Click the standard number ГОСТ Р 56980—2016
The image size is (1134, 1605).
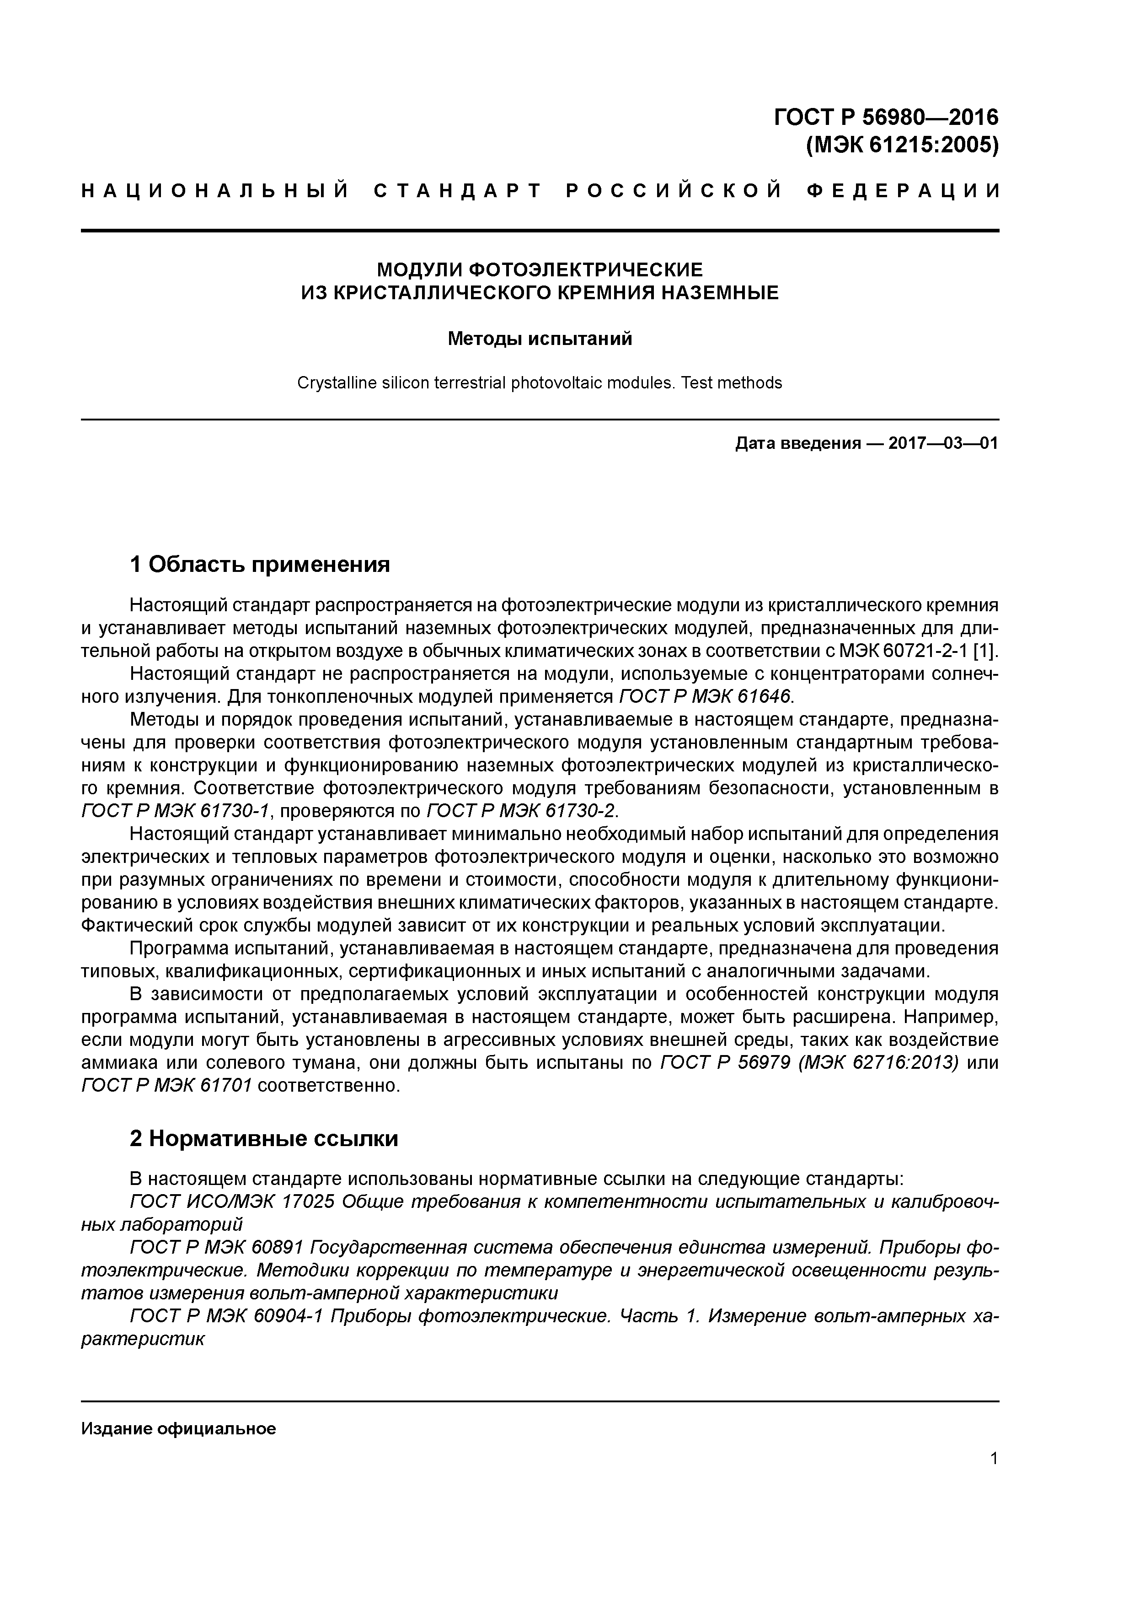(886, 117)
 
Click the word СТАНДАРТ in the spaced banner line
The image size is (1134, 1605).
(458, 191)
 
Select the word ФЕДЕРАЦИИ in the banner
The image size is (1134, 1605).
(904, 191)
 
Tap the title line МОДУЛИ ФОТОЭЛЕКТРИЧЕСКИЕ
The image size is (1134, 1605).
(540, 269)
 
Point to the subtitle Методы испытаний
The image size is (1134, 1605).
(540, 339)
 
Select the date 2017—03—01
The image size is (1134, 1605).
(942, 443)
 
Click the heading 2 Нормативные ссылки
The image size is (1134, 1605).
(264, 1139)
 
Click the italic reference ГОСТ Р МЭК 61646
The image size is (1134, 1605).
(706, 697)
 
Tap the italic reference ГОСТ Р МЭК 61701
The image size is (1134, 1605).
(166, 1086)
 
